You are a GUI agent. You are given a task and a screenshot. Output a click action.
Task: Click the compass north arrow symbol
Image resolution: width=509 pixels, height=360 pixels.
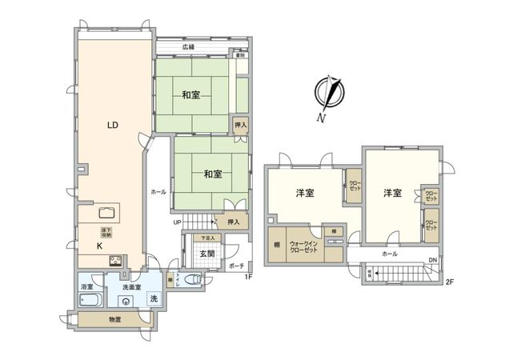pos(329,95)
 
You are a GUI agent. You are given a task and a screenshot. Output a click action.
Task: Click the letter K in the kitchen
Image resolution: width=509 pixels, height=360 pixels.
pos(100,247)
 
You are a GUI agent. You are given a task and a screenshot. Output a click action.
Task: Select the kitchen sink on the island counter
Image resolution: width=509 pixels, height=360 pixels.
pos(106,212)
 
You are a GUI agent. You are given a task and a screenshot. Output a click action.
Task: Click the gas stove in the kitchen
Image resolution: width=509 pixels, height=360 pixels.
pos(114,260)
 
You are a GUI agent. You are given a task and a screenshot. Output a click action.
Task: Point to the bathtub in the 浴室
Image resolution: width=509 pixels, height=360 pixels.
pos(88,300)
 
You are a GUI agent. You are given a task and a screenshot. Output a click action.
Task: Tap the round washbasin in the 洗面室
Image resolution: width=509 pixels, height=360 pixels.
pos(126,301)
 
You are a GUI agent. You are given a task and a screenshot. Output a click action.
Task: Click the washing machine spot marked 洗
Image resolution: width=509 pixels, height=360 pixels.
pos(154,298)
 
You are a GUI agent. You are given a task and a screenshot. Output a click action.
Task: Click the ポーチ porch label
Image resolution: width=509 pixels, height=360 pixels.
pos(237,265)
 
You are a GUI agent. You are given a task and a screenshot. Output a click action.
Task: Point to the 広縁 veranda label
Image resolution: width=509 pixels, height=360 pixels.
pos(188,47)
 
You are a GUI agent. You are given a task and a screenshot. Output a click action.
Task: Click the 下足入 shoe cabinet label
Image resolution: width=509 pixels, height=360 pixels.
pos(207,238)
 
